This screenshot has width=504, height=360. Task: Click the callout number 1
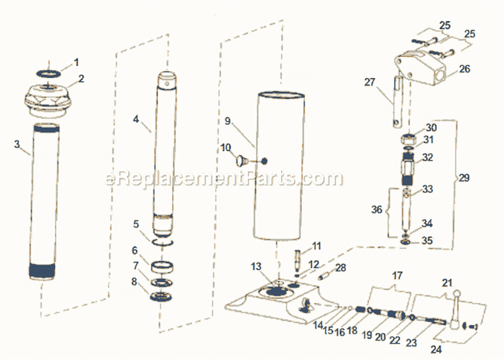click(76, 62)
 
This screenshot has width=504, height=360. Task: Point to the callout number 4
click(136, 120)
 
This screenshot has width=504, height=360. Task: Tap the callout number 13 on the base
click(256, 267)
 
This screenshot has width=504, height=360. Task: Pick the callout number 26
click(464, 69)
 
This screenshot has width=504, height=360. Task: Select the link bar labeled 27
click(396, 101)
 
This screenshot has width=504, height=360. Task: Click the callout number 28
click(341, 268)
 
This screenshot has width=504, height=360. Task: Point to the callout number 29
click(464, 178)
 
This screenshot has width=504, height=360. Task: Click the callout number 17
click(397, 275)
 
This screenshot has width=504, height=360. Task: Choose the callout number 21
click(447, 283)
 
